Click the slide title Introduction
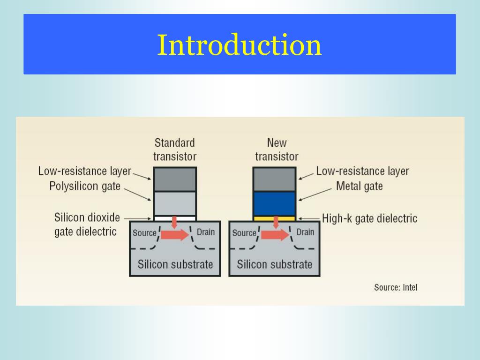point(239,45)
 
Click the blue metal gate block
point(274,203)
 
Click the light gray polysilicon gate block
point(175,203)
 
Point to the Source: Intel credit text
point(395,287)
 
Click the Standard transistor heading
point(174,149)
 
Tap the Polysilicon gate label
point(85,186)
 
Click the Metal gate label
point(359,186)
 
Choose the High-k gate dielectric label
point(369,218)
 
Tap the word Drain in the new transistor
point(305,232)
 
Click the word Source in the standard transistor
point(144,233)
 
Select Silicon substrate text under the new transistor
point(274,264)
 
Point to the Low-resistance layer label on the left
point(85,171)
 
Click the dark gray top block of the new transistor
point(274,179)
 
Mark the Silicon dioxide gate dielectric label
point(87,225)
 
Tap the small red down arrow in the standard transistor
point(174,221)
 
